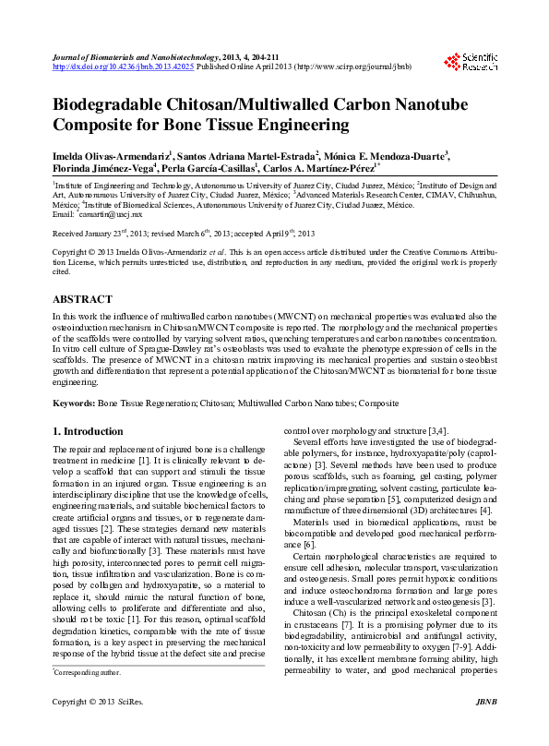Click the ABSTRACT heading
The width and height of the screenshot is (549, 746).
click(x=82, y=299)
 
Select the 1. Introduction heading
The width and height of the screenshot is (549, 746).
click(x=88, y=431)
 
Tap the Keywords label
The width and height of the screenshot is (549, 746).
click(x=73, y=403)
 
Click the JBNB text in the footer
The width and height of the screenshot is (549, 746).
click(x=485, y=729)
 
